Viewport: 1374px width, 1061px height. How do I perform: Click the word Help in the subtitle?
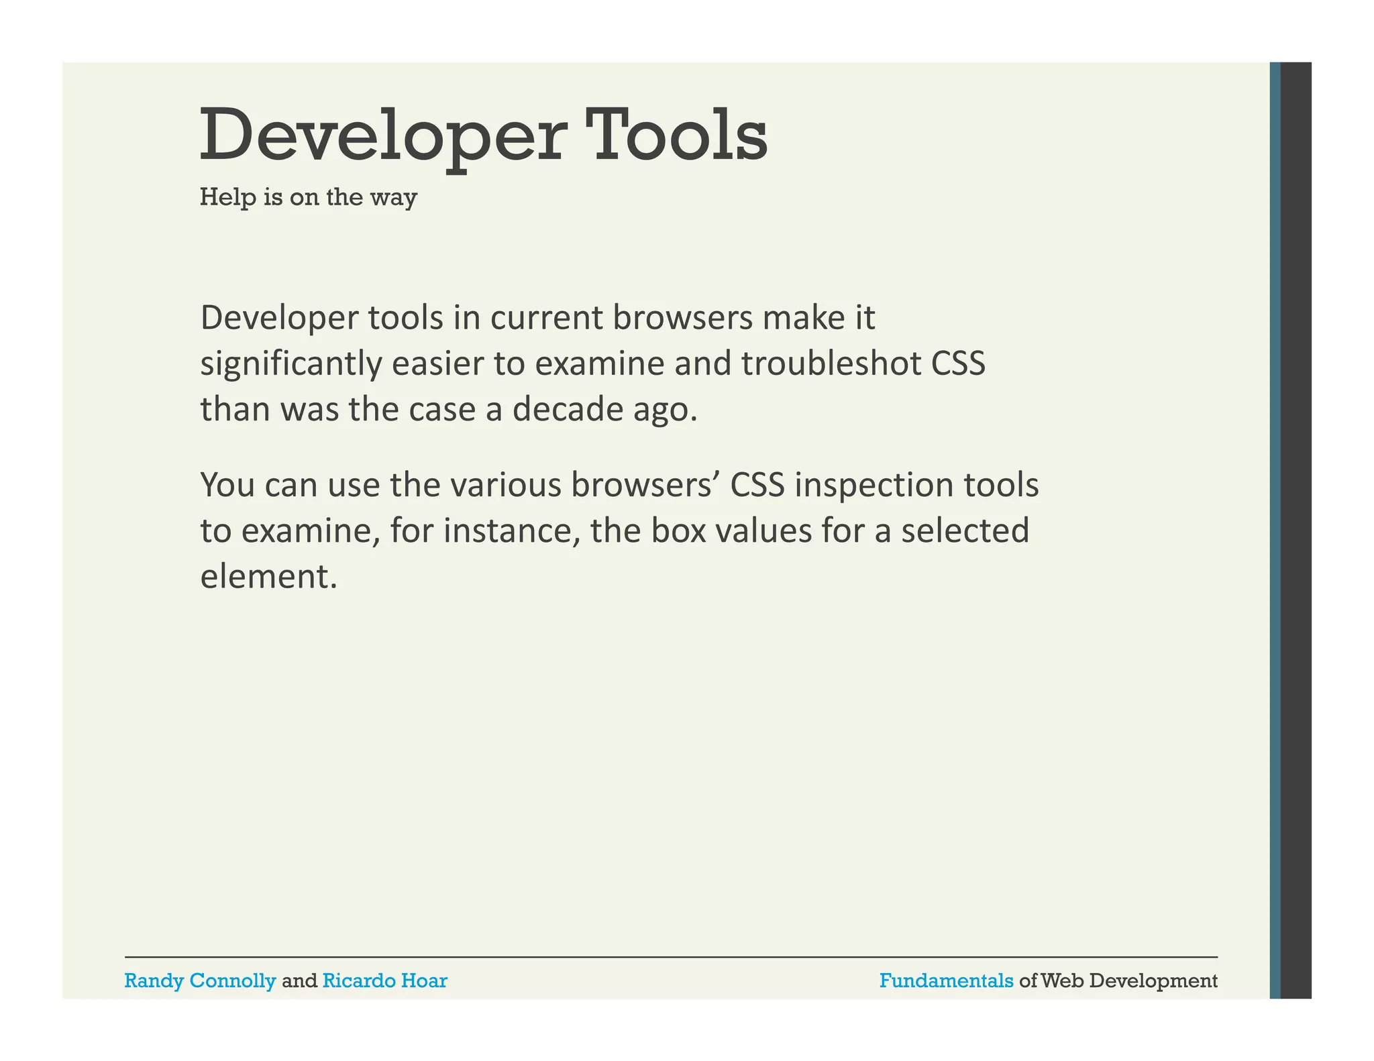click(x=227, y=197)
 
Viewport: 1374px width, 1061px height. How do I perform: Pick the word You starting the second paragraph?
click(x=227, y=485)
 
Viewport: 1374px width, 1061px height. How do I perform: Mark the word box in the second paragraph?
click(x=678, y=530)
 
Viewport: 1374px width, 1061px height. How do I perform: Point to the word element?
click(x=268, y=576)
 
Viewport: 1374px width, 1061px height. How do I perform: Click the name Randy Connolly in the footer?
click(x=200, y=981)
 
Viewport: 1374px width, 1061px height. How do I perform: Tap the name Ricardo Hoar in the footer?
click(x=384, y=981)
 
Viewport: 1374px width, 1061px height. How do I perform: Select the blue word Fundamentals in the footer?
click(x=946, y=981)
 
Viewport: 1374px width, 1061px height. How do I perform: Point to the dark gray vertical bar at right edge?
click(x=1296, y=530)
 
